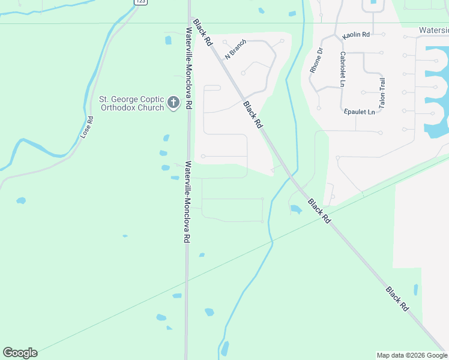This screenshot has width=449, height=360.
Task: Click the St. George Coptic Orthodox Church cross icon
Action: [173, 103]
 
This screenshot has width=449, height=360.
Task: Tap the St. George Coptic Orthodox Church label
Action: [131, 104]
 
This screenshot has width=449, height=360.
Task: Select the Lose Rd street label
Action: [87, 128]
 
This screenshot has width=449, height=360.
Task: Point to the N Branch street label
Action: [236, 49]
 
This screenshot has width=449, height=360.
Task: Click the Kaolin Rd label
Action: [356, 35]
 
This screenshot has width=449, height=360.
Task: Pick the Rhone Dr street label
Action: [316, 61]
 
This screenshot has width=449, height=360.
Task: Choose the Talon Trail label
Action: [382, 92]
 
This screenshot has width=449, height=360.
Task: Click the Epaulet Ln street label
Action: [360, 112]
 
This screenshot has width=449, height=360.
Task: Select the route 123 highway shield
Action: [140, 2]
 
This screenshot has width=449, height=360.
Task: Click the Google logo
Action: [20, 353]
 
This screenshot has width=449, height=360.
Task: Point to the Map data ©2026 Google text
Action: [412, 355]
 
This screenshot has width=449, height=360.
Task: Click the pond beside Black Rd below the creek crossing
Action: [296, 209]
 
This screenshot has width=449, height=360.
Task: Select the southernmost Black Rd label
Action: [397, 298]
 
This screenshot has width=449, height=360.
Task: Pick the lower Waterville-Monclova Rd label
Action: [188, 202]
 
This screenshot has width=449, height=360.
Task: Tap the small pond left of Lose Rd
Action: [21, 200]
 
